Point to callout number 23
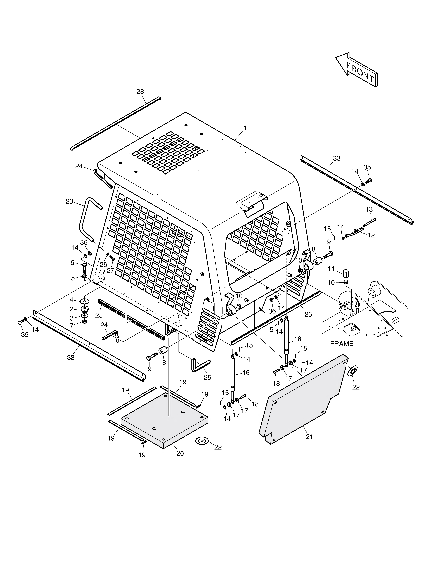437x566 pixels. pyautogui.click(x=69, y=201)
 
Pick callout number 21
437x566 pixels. pyautogui.click(x=309, y=437)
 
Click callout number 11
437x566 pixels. pyautogui.click(x=331, y=269)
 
